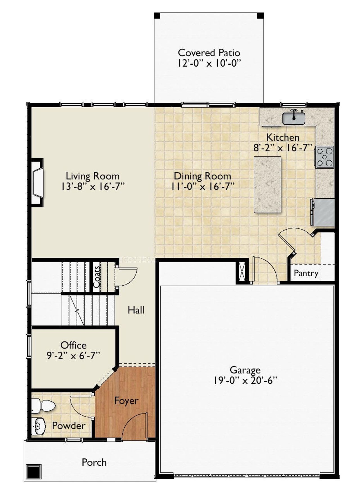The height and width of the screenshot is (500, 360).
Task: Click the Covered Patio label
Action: (209, 53)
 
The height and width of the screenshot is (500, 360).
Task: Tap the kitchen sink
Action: (294, 118)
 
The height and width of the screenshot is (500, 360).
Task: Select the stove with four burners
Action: (325, 157)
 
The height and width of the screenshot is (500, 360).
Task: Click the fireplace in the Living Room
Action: (37, 183)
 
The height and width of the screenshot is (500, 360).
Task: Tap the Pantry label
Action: (306, 273)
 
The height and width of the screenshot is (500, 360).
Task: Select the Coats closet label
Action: (96, 277)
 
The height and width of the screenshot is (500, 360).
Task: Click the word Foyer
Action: (126, 401)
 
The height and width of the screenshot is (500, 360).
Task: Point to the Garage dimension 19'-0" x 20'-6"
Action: (245, 381)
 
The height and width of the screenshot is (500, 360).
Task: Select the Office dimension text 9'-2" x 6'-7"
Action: (73, 356)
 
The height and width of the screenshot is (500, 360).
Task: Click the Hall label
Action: (136, 310)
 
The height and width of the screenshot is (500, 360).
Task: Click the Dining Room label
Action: (202, 176)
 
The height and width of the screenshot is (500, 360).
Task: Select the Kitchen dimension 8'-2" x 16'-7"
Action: (283, 148)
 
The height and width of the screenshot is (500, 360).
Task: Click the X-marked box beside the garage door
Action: (242, 271)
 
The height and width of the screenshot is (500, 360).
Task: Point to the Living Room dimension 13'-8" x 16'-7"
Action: (93, 186)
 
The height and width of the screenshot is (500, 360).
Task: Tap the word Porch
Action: (94, 463)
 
